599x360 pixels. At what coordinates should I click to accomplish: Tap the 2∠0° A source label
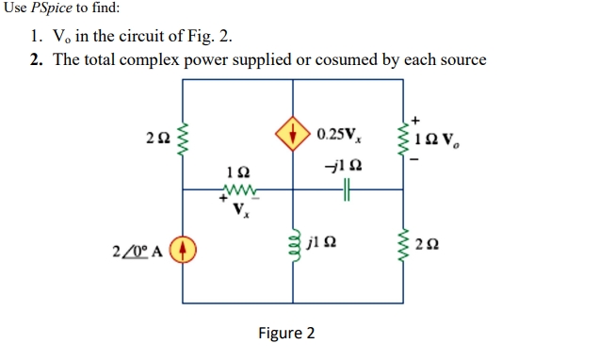[x=138, y=252]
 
